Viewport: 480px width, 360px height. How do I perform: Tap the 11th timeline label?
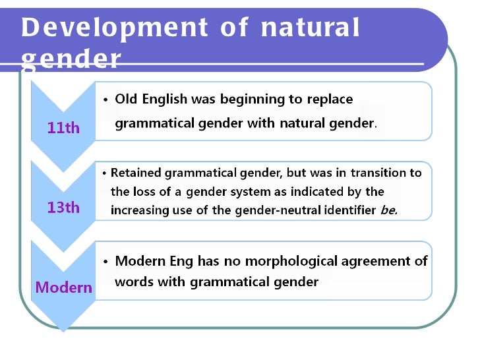(63, 128)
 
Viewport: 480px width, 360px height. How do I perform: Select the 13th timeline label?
(63, 208)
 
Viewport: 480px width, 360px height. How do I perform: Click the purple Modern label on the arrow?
(64, 287)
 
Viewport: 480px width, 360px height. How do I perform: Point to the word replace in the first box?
(330, 100)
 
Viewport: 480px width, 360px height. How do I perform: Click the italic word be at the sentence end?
(388, 210)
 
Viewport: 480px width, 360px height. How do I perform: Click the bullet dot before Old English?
(105, 100)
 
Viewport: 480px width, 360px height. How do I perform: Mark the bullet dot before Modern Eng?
(105, 262)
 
